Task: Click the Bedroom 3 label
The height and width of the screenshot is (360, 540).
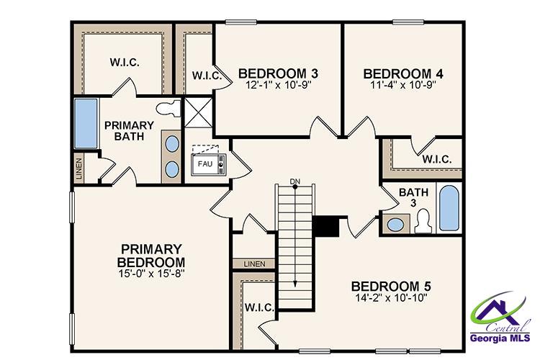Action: point(278,73)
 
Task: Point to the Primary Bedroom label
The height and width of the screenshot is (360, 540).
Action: point(152,254)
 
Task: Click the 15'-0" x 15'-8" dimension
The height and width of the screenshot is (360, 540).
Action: point(152,274)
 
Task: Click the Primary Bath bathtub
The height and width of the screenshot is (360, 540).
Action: point(86,125)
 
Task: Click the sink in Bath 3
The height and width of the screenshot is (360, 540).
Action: point(395,225)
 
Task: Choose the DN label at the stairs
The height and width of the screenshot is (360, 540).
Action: point(294,180)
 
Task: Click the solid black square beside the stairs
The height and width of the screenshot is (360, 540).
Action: point(327,226)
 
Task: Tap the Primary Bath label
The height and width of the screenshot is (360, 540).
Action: point(130,130)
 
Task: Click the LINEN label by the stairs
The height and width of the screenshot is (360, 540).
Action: point(254,264)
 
